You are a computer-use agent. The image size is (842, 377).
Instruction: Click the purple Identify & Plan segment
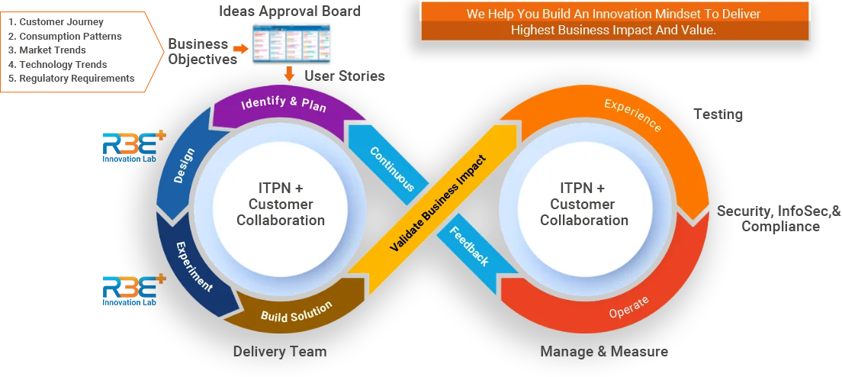tap(283, 107)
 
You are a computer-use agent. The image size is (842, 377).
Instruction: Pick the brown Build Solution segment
tap(296, 310)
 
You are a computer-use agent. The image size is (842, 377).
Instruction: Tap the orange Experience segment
tap(633, 114)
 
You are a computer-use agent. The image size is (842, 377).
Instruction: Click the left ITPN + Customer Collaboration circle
tap(281, 204)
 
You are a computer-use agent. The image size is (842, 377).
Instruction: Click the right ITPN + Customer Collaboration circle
tap(584, 204)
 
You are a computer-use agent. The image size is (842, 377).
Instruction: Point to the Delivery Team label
tap(279, 352)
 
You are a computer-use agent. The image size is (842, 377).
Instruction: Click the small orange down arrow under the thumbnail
tap(289, 75)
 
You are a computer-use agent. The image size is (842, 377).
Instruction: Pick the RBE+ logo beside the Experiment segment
tap(132, 291)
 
